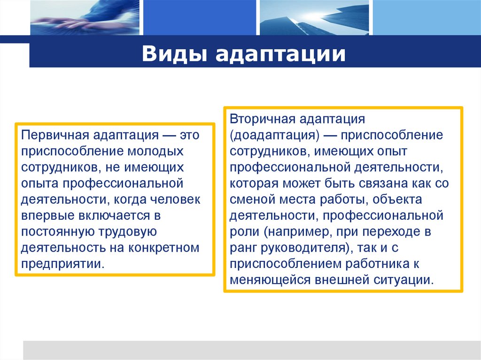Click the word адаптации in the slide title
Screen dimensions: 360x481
click(281, 54)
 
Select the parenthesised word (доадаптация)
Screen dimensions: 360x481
click(275, 135)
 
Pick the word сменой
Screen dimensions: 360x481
click(250, 199)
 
